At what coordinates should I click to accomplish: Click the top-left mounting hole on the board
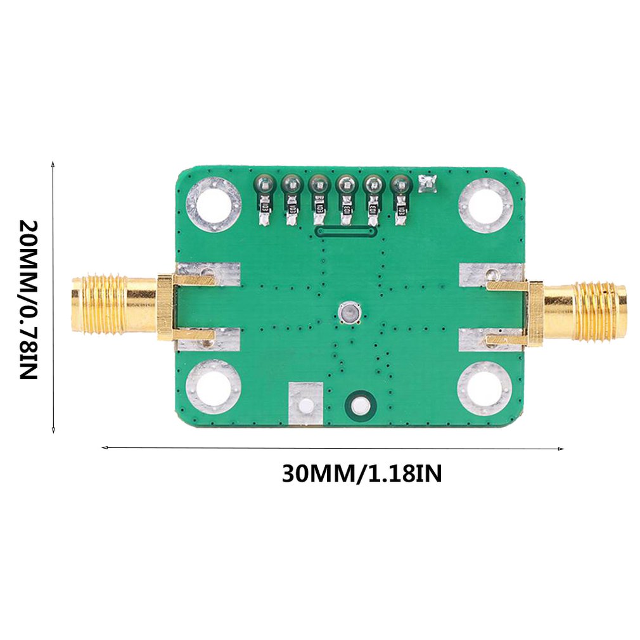tap(213, 205)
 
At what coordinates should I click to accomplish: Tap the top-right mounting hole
tap(485, 205)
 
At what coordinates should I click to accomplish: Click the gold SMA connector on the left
tap(114, 304)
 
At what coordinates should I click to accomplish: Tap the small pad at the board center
tap(349, 313)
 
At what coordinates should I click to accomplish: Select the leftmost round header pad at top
tap(264, 184)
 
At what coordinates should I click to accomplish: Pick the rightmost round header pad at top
tap(400, 184)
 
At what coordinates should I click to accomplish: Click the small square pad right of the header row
tap(427, 184)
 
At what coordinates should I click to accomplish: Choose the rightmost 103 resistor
tap(400, 209)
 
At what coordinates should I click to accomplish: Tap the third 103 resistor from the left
tap(319, 208)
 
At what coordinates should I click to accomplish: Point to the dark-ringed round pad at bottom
tap(359, 404)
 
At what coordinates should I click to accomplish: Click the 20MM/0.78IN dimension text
tap(29, 299)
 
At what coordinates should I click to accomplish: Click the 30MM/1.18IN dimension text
tap(362, 474)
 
